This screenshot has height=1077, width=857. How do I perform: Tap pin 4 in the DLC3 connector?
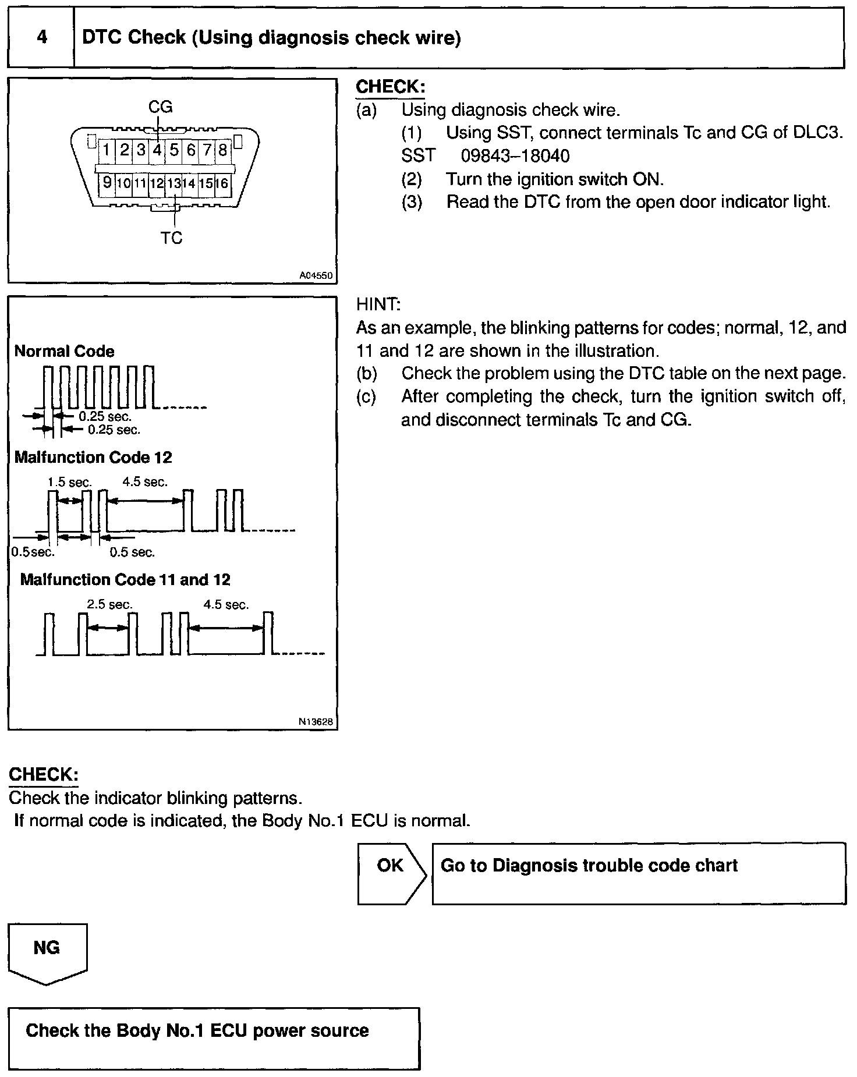click(x=157, y=150)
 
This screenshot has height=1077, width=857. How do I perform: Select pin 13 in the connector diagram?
click(x=173, y=183)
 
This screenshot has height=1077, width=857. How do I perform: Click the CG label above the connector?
click(x=161, y=107)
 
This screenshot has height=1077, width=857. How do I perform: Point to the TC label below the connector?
click(x=172, y=238)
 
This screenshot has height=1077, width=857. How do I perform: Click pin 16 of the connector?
click(x=222, y=183)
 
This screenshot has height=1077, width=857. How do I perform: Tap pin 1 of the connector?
click(x=107, y=150)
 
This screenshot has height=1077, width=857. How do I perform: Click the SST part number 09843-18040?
click(x=515, y=156)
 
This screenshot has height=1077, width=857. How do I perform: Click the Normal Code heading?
click(x=64, y=351)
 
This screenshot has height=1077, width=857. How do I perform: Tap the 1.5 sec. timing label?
click(x=69, y=482)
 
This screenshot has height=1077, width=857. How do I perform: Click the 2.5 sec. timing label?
click(x=109, y=604)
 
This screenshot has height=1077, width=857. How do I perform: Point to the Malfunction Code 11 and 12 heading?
click(x=125, y=580)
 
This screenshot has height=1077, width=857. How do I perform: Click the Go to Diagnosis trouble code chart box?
click(x=638, y=873)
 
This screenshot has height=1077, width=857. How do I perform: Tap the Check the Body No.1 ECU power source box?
click(x=213, y=1038)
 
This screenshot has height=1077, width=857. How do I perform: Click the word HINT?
click(x=378, y=304)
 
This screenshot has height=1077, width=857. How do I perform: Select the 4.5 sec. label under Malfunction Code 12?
click(x=145, y=482)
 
